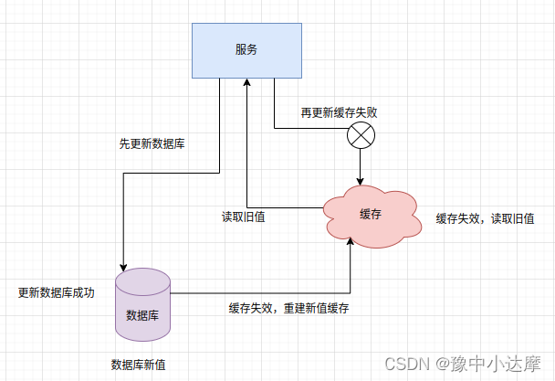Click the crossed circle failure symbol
(x=361, y=138)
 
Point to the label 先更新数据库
(x=152, y=144)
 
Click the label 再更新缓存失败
(x=340, y=113)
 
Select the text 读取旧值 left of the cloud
(x=243, y=217)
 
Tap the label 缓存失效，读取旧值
(x=484, y=218)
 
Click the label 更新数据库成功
(x=56, y=293)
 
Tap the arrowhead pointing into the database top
(x=121, y=265)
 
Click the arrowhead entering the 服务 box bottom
(x=246, y=82)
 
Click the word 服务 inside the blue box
(x=246, y=49)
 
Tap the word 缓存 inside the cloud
(x=371, y=214)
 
